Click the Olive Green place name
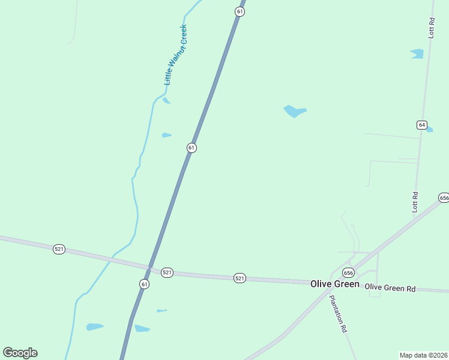334,284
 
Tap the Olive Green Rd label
390,288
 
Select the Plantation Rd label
338,314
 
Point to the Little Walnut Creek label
176,54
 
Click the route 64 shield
422,125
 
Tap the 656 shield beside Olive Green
348,273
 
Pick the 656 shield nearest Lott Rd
444,197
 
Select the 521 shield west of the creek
59,249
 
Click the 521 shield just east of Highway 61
167,272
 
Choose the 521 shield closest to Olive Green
240,278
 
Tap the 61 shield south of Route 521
144,284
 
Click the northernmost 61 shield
240,12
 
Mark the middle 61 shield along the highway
191,148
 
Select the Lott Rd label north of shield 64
431,28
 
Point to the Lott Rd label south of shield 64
415,202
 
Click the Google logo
20,353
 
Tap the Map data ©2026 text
423,355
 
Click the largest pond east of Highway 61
294,111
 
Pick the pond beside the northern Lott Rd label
417,54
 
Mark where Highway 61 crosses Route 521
150,268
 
